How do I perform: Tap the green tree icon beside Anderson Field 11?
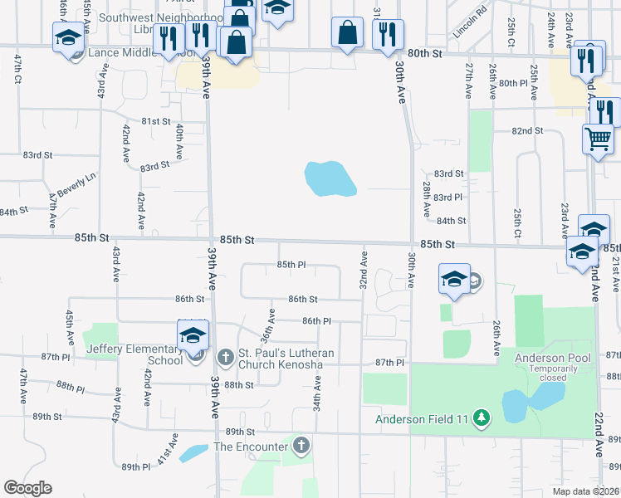[480, 418]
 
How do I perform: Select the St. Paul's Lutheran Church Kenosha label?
[286, 359]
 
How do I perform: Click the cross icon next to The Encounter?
[301, 447]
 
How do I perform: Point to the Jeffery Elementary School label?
[134, 354]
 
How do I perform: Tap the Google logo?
[27, 488]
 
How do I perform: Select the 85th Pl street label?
[291, 265]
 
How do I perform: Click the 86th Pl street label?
[316, 320]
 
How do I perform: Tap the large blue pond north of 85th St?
[330, 178]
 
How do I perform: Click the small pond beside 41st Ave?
[193, 453]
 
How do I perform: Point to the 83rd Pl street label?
[447, 197]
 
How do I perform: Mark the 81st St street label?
[155, 121]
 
